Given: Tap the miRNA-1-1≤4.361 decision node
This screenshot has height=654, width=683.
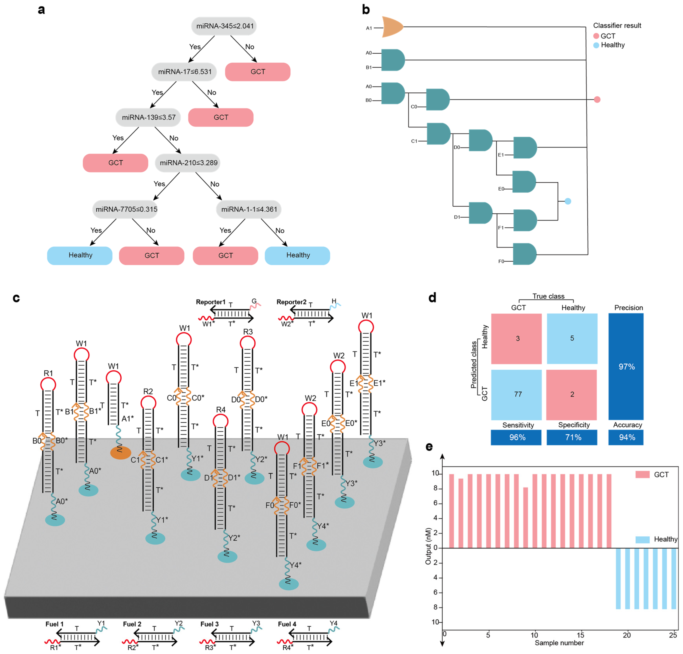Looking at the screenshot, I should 249,209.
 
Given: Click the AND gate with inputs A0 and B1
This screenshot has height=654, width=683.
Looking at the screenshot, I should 393,60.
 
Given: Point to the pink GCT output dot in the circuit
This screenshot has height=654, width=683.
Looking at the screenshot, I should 597,100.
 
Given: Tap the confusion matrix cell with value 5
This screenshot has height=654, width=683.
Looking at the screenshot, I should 572,339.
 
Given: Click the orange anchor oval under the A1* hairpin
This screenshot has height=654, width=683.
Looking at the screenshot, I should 121,453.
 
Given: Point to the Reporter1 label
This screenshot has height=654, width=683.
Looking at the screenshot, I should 210,302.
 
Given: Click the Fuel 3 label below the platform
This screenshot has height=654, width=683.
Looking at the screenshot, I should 209,624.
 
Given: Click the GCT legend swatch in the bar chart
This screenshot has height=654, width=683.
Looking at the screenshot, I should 642,474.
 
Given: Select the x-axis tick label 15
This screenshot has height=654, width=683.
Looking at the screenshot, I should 580,635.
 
